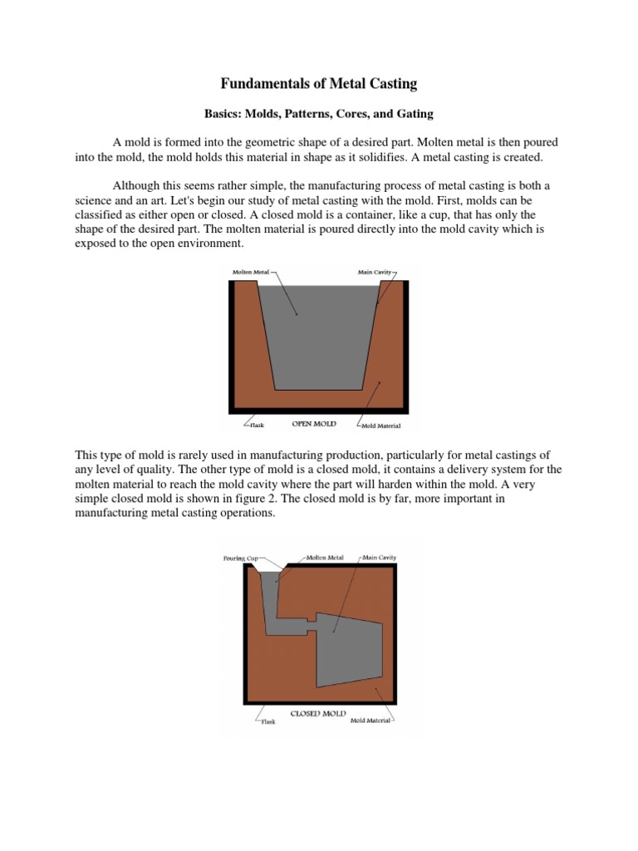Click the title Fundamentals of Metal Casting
coord(318,83)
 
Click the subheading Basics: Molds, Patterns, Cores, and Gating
coord(318,112)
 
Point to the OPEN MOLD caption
coord(314,424)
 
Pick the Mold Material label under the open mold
coord(381,426)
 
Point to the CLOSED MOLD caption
coord(313,713)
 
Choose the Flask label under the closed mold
coord(268,721)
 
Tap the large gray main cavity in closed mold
coord(349,648)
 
